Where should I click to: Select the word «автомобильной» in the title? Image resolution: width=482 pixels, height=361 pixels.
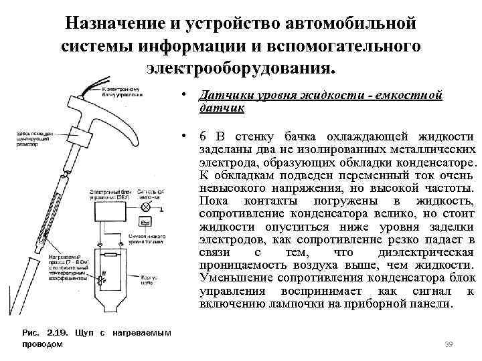[351, 23]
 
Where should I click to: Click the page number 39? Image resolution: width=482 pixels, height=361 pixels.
[449, 344]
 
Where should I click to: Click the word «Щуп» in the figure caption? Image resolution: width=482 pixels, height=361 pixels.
[85, 333]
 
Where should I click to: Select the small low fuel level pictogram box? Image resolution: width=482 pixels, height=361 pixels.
[145, 221]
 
